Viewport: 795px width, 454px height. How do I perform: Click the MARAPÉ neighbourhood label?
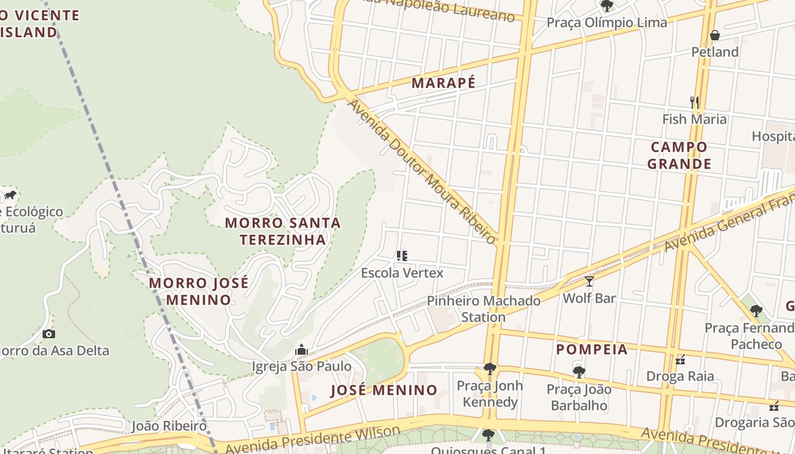[x=443, y=83]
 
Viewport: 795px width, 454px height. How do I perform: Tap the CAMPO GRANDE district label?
[x=679, y=155]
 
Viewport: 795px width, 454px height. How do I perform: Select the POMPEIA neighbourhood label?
[x=592, y=350]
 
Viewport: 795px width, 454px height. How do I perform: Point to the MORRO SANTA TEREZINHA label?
[x=283, y=231]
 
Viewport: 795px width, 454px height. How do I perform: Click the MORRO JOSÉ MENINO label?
[x=198, y=291]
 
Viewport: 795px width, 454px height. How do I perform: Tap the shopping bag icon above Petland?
[x=715, y=35]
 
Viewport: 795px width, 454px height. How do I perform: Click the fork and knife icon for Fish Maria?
[x=694, y=102]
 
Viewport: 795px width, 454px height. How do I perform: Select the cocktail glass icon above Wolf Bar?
[x=589, y=281]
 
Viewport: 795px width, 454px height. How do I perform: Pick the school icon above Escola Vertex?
[x=402, y=256]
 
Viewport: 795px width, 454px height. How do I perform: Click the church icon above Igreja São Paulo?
[x=301, y=350]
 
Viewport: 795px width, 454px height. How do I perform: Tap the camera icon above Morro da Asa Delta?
[x=49, y=334]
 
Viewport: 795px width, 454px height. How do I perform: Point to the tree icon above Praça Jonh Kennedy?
[x=489, y=369]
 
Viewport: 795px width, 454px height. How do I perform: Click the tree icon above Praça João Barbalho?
[x=579, y=372]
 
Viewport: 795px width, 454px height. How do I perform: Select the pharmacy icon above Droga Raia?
[x=680, y=360]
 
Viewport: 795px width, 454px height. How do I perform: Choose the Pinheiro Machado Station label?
[x=483, y=309]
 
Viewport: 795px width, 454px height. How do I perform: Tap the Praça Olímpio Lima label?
[x=606, y=23]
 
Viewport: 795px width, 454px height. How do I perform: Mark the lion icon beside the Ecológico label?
[x=10, y=195]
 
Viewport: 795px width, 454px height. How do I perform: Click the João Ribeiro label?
[x=169, y=426]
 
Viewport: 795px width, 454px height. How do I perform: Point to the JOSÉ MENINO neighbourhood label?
[x=384, y=390]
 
